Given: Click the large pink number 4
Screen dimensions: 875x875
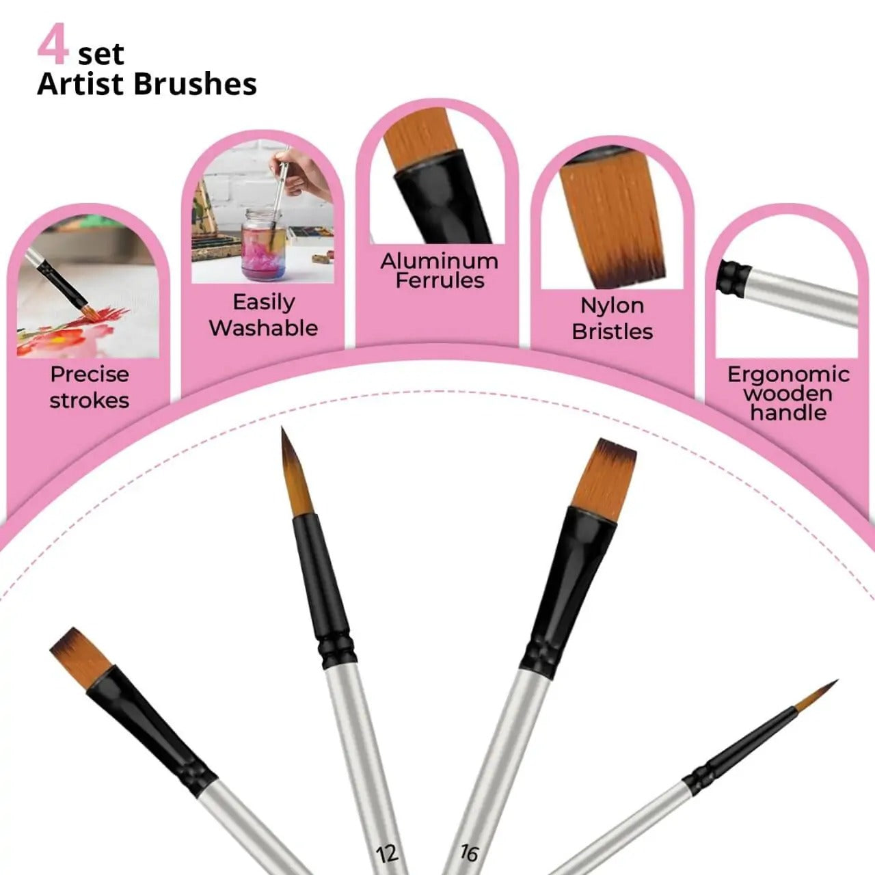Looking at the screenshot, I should point(53,45).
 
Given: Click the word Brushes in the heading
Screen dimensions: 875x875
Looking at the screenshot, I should point(194,84).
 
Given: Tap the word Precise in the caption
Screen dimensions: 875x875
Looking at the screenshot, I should point(89,375).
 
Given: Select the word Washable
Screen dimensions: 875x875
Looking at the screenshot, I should point(263,328).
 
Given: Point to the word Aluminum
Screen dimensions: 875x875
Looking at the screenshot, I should point(439,261).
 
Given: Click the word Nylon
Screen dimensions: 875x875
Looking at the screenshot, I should point(612,306).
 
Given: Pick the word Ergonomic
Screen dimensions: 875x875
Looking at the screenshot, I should point(787,375).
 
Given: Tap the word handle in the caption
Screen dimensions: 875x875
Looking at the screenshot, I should point(787,413).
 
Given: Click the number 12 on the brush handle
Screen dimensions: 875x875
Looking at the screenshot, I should point(387,853).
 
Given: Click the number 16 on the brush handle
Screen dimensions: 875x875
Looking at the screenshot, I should point(469,853).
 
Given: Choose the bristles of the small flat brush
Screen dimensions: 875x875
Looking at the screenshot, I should point(81,656).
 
